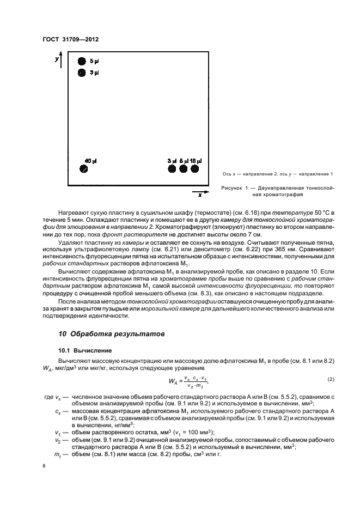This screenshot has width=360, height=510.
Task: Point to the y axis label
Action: point(57,58)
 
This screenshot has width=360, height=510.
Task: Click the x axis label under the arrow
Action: point(200,194)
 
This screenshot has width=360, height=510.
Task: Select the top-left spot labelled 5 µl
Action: point(82,61)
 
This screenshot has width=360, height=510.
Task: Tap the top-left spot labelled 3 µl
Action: point(82,72)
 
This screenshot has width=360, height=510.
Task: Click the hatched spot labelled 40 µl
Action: point(83,169)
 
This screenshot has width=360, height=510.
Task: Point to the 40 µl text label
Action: point(90,161)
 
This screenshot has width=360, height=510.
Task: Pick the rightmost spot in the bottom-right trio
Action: point(194,169)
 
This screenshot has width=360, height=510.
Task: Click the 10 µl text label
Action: point(196,161)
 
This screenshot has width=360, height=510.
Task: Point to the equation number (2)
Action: point(330,378)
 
